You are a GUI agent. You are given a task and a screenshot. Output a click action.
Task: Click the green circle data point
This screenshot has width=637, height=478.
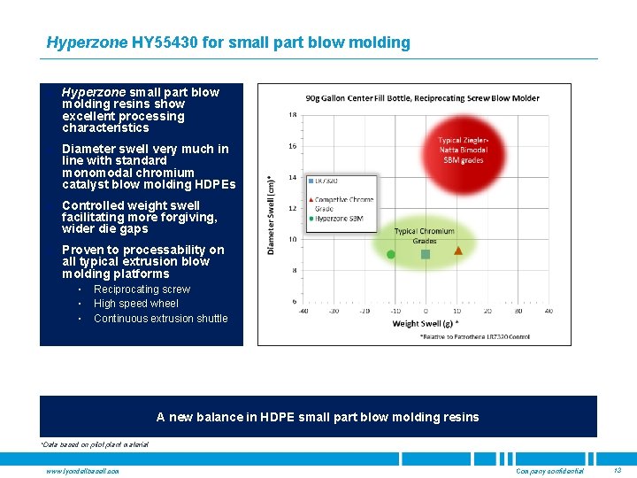(x=391, y=254)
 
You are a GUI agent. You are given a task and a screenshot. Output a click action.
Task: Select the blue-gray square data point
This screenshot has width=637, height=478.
(x=426, y=254)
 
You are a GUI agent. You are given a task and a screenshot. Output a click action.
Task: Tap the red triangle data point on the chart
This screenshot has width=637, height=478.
(x=458, y=251)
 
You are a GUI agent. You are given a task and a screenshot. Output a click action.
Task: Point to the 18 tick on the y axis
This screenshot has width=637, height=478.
(x=292, y=115)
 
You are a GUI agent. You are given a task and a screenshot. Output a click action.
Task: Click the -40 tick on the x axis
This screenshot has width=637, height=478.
(x=303, y=311)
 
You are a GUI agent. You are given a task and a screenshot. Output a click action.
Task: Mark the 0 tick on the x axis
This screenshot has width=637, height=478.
(x=426, y=311)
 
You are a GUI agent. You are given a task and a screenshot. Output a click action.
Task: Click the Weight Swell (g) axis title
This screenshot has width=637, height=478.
(x=425, y=323)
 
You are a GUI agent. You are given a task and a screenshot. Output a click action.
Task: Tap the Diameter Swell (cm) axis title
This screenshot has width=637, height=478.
(x=272, y=212)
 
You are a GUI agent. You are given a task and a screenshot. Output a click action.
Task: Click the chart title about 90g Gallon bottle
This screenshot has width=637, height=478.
(x=422, y=97)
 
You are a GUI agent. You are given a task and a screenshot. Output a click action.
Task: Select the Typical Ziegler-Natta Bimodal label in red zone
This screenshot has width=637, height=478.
(x=462, y=150)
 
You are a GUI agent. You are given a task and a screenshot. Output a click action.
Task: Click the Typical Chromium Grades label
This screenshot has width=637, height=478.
(x=424, y=236)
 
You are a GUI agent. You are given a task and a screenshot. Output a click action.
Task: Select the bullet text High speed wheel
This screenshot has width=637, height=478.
(x=135, y=304)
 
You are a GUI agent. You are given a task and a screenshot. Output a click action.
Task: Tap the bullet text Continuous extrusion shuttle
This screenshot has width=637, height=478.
(x=160, y=319)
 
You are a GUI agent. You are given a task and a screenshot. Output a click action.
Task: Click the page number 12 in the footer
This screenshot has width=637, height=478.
(x=617, y=471)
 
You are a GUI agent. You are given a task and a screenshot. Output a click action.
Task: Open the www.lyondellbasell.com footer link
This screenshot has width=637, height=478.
(x=83, y=471)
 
